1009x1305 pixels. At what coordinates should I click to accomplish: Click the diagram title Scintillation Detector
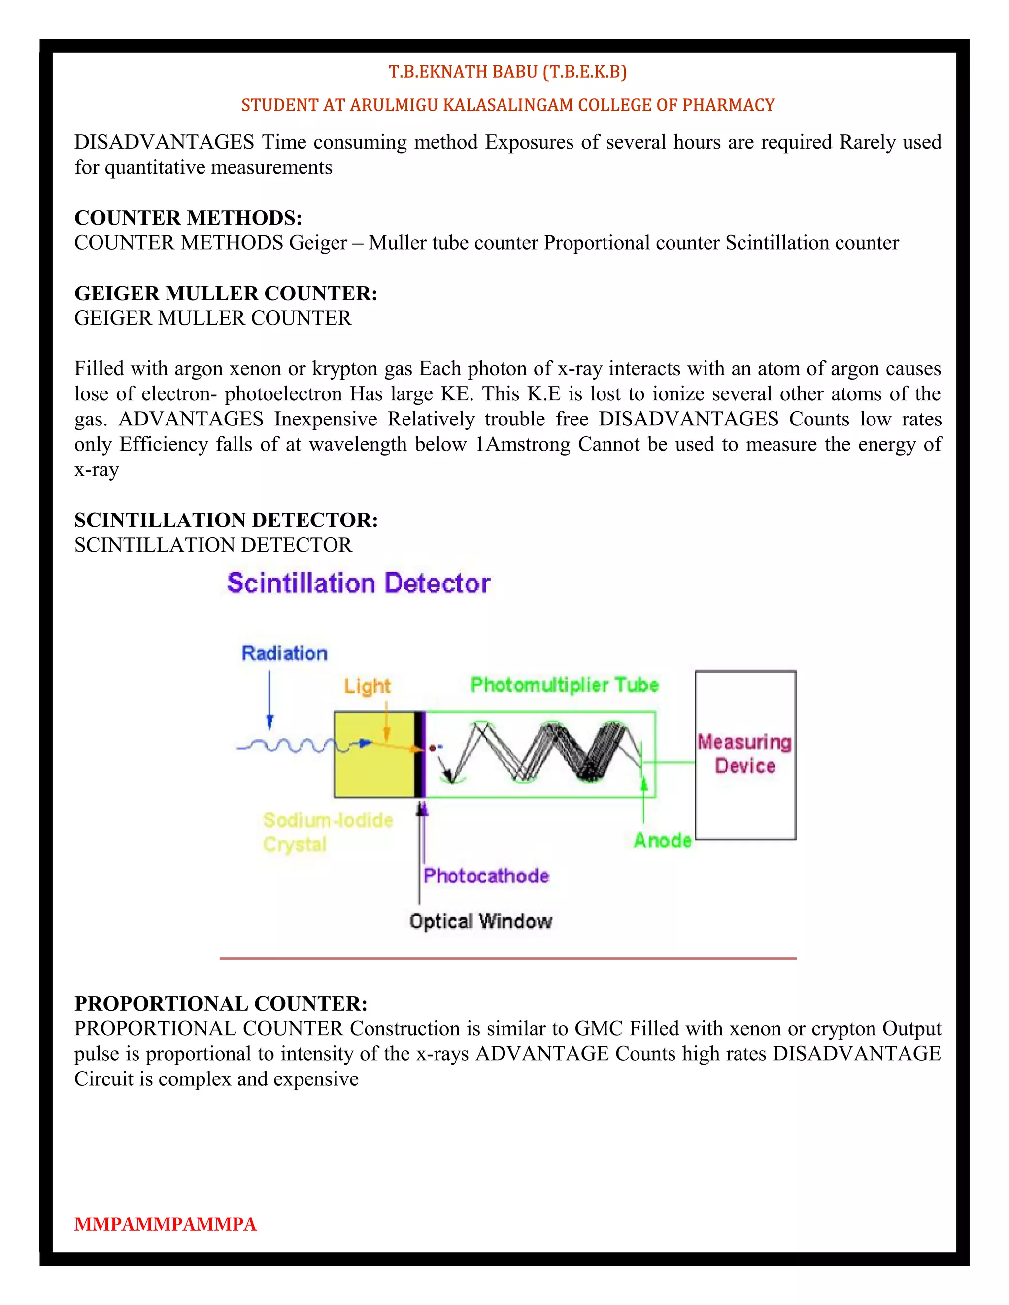(359, 583)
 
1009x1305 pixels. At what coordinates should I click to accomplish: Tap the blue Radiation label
(285, 653)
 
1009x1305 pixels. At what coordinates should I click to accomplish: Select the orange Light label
(367, 686)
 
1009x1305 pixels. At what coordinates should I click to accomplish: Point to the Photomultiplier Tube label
(564, 685)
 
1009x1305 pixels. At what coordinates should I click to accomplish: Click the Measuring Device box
(745, 754)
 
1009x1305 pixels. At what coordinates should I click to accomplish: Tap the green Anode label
(662, 840)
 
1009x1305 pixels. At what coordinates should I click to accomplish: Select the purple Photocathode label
(486, 876)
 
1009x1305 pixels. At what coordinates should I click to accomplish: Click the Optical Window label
(480, 921)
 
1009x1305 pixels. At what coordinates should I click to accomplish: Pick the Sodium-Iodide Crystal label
(328, 832)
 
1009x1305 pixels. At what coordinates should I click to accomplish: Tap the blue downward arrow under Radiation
(269, 699)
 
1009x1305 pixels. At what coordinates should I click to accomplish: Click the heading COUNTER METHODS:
(188, 218)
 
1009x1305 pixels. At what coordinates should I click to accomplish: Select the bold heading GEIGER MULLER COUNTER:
(225, 294)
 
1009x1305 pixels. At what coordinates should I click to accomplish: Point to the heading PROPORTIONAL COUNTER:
(221, 1003)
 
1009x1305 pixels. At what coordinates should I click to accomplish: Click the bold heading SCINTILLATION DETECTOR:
(226, 520)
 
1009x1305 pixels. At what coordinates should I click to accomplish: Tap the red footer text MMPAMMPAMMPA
(165, 1224)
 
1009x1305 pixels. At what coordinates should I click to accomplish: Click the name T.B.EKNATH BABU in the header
(463, 72)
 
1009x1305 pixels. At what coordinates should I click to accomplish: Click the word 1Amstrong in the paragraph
(522, 445)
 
